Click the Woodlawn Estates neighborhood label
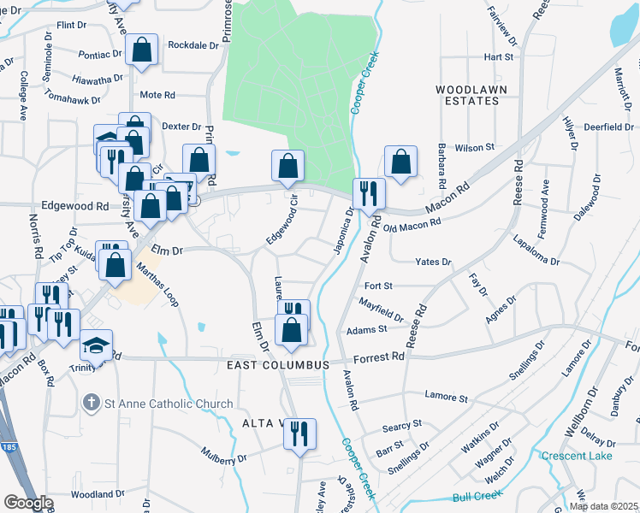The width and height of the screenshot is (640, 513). click(x=466, y=95)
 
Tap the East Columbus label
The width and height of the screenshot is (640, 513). click(x=278, y=365)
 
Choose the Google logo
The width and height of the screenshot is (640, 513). click(x=28, y=502)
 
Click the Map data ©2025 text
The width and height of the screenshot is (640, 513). click(x=603, y=506)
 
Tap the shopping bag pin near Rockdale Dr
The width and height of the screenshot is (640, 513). click(x=143, y=50)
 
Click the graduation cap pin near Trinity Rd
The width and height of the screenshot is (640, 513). click(x=96, y=345)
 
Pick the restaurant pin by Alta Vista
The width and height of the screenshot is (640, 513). click(x=299, y=433)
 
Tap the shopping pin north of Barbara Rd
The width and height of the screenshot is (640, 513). click(x=400, y=161)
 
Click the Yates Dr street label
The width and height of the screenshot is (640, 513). click(x=432, y=262)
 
